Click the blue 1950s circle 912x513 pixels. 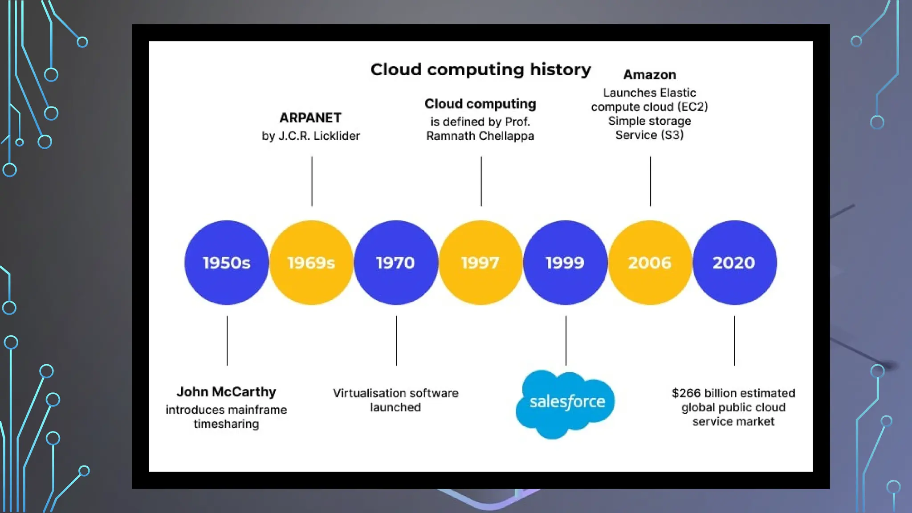(226, 263)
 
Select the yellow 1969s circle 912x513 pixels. (311, 263)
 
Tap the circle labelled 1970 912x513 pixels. (395, 263)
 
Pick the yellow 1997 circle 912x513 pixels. (480, 263)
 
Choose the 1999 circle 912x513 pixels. (565, 263)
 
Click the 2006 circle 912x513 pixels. (650, 263)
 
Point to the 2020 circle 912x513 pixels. (734, 263)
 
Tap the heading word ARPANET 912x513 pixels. (310, 118)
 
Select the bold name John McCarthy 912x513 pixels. (226, 392)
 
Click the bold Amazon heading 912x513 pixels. (650, 75)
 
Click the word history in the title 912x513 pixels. (560, 69)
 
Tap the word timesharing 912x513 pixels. (226, 424)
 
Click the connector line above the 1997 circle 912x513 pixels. (481, 181)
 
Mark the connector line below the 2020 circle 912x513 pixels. (734, 341)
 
